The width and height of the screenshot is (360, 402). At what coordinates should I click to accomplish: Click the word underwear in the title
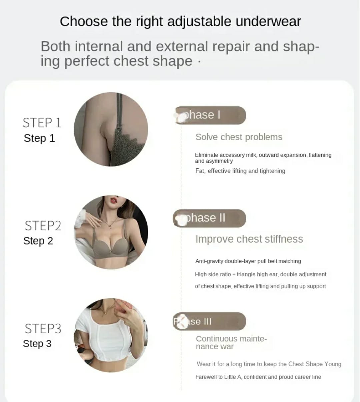pos(268,21)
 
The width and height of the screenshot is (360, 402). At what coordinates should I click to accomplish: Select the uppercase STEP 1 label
pos(42,123)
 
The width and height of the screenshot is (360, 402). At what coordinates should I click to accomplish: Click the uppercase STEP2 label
pos(43,226)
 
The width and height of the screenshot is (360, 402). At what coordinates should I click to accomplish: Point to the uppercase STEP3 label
pos(43,329)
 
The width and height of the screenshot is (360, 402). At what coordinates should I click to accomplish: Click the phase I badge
pos(211,115)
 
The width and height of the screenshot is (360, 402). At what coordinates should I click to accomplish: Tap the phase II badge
pos(209,218)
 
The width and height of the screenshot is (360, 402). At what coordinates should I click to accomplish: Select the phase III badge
pos(209,322)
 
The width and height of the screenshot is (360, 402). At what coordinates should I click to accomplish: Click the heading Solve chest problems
pos(239,137)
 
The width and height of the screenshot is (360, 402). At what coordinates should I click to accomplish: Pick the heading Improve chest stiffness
pos(249,239)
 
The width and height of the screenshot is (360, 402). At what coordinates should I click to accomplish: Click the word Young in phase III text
pos(333,364)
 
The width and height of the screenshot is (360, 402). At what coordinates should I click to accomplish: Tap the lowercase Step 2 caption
pos(38,241)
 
